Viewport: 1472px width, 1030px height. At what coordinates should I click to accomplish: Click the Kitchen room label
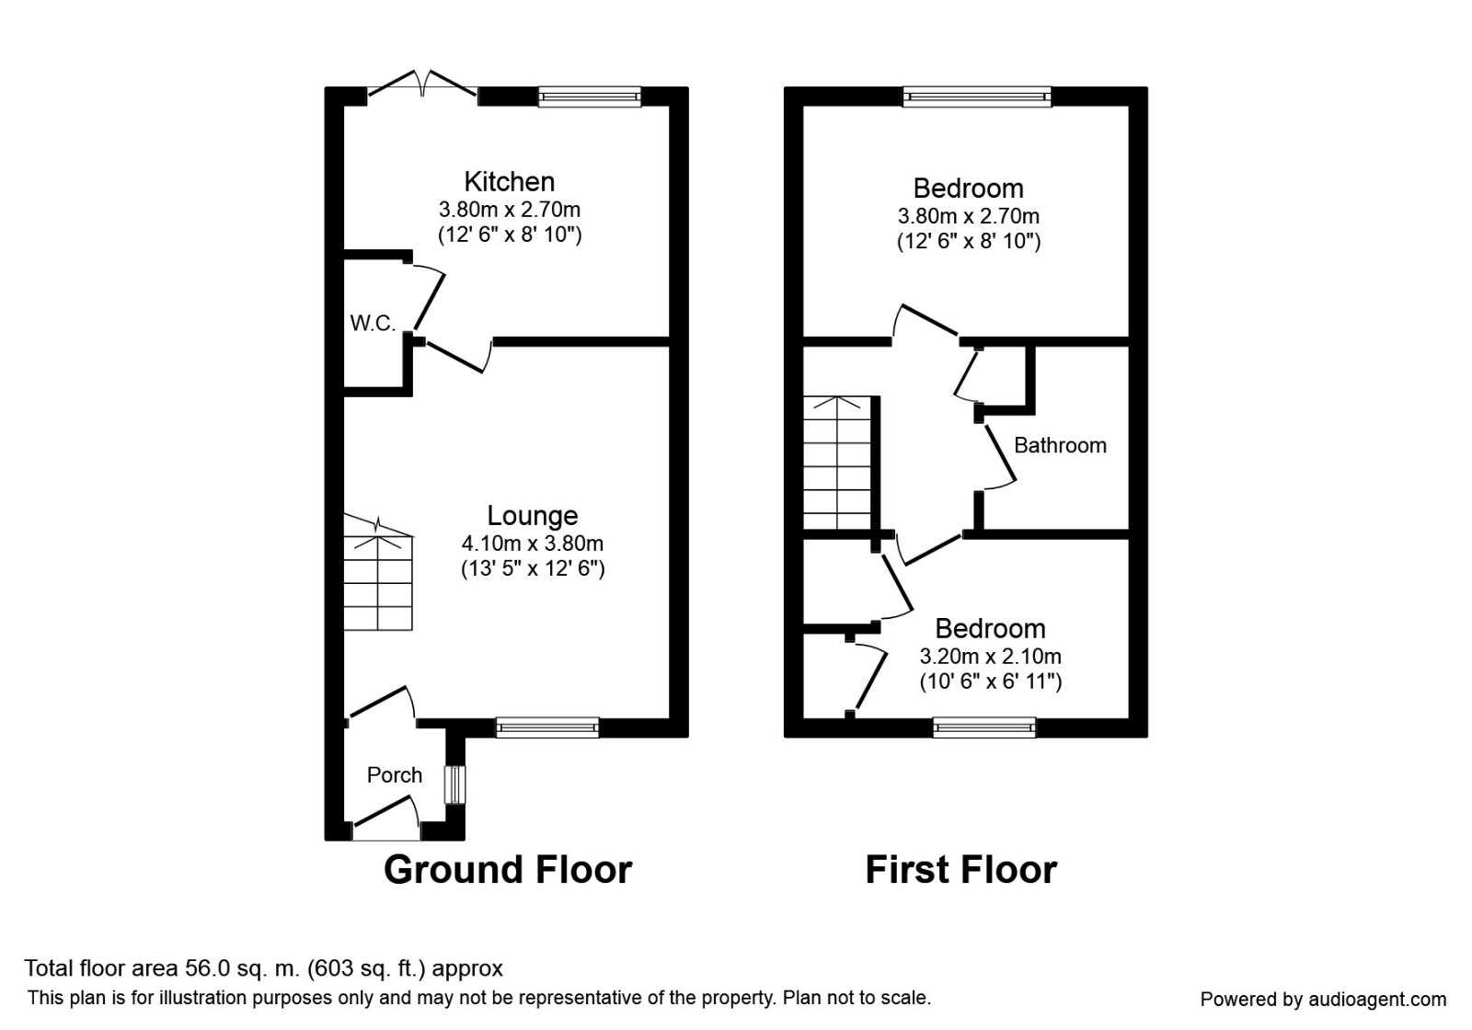point(509,181)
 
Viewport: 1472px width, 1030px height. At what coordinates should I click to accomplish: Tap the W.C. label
point(373,323)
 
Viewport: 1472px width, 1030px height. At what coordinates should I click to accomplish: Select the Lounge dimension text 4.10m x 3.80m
point(532,544)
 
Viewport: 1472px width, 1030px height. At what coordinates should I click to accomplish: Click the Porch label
point(395,775)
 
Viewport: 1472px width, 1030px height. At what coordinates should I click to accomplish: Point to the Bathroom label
point(1060,445)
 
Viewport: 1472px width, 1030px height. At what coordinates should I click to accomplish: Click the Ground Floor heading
point(508,869)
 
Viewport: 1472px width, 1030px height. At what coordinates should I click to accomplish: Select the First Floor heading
point(960,869)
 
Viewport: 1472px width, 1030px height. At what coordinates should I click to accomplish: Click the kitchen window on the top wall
point(589,96)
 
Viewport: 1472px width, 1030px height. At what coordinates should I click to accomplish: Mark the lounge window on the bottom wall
point(546,727)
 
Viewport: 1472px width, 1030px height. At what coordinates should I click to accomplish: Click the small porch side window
point(454,784)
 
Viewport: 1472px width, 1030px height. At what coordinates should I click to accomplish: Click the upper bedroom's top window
point(976,96)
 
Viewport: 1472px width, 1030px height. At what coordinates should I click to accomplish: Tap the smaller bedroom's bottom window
point(984,727)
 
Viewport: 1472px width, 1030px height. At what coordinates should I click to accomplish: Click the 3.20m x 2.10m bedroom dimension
point(990,657)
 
